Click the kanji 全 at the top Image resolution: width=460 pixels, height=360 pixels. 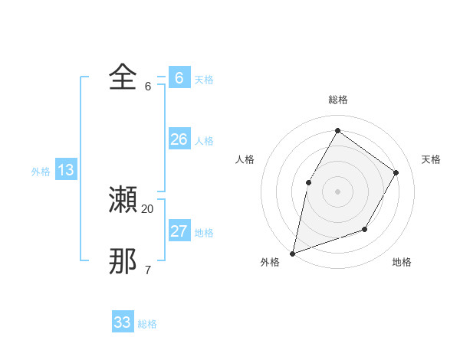pos(123,77)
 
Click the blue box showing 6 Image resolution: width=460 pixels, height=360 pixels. pos(179,77)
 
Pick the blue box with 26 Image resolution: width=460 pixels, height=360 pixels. pos(179,139)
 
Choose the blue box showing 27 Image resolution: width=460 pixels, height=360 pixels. pos(179,231)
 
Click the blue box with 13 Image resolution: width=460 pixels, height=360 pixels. pos(66,170)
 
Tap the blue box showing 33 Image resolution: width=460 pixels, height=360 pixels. pos(123,322)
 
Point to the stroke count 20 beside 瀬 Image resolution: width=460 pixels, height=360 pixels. pos(148,208)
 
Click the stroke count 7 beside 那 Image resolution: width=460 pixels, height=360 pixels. pos(148,270)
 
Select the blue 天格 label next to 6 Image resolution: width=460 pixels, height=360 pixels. pos(204,80)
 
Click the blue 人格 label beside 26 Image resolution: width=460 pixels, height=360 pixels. pos(204,142)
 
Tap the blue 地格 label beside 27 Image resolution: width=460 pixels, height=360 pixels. pos(204,233)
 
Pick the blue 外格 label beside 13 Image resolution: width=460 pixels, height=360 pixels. pos(41,172)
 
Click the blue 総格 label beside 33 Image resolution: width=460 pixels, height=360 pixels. pos(147,325)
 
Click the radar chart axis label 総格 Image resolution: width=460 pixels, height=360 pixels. pos(337,100)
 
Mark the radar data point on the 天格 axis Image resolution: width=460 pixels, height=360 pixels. pos(396,172)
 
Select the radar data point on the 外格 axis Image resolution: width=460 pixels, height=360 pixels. pos(293,253)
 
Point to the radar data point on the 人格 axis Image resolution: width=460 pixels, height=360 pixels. pos(308,182)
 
